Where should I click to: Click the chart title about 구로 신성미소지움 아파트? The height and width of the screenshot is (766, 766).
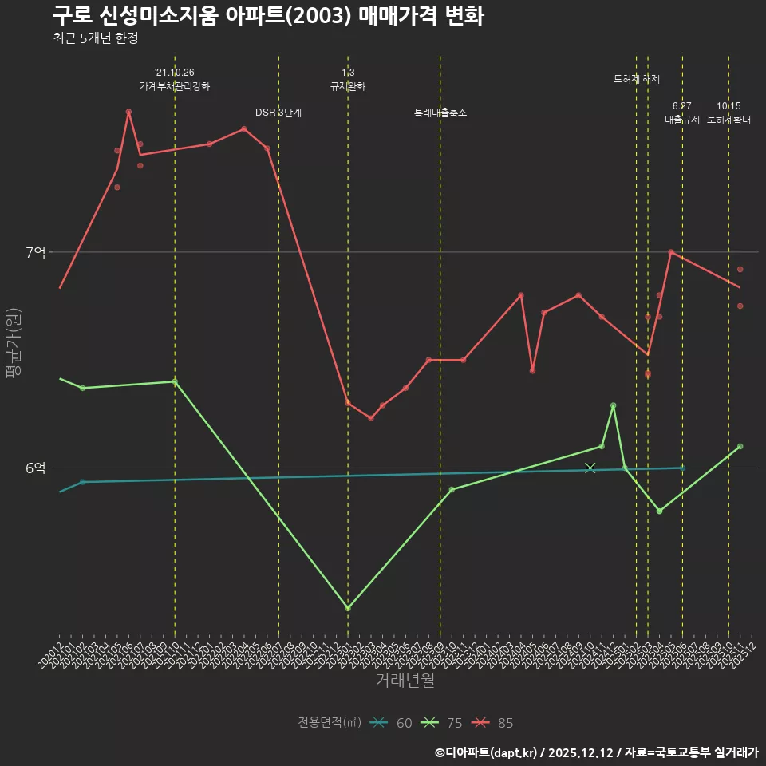[268, 16]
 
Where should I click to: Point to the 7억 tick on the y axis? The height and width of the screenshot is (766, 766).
[35, 252]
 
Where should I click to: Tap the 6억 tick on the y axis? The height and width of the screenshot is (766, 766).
[35, 468]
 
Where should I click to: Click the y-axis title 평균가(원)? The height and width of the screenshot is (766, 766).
[14, 344]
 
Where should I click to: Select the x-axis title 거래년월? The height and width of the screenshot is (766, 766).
[405, 681]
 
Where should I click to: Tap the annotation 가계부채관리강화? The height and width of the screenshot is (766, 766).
[175, 86]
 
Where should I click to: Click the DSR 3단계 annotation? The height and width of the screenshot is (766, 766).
[278, 113]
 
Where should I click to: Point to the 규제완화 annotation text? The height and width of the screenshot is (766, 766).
[348, 86]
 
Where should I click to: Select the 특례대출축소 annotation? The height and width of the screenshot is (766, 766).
[440, 113]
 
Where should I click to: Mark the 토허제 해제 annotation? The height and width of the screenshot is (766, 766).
[637, 79]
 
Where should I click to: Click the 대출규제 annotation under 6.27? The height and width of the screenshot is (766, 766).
[682, 120]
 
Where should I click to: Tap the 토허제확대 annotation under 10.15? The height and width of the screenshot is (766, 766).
[728, 120]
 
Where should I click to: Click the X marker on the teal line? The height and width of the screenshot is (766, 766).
[590, 468]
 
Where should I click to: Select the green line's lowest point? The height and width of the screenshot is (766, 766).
[348, 608]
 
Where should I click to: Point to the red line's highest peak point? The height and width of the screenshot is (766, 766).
[128, 112]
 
